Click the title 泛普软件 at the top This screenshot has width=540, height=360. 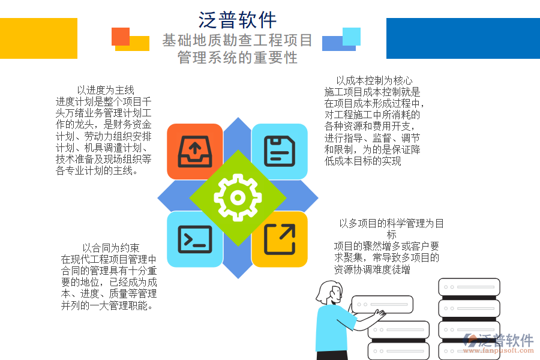238,20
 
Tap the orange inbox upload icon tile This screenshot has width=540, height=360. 194,151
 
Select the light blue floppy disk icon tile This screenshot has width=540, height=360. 280,151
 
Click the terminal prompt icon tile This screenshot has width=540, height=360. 194,239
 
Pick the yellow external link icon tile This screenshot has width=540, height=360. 280,239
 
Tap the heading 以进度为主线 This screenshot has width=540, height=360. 106,91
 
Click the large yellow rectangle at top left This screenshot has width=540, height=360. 38,38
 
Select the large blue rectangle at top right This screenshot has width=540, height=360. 463,38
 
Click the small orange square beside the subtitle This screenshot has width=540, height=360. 121,36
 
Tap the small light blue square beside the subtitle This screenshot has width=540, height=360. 351,36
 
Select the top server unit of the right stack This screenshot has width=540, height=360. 460,287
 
